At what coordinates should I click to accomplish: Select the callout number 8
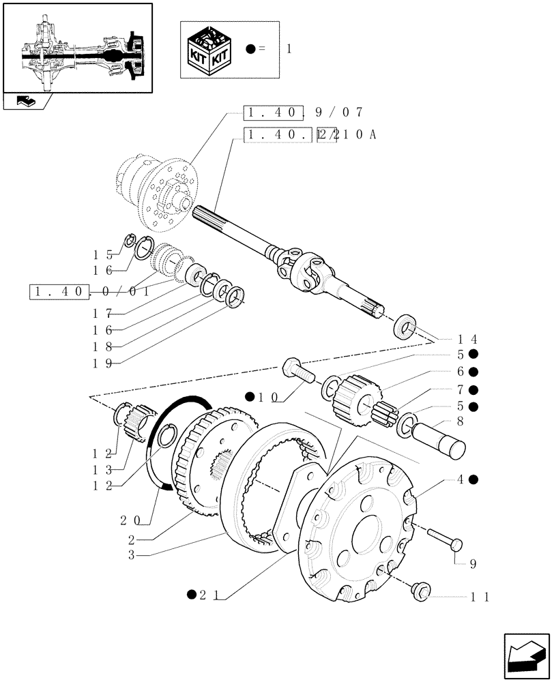pos(461,421)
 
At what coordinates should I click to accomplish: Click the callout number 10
pos(268,396)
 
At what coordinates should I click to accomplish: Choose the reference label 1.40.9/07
pos(304,113)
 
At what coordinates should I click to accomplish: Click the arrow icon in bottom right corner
pos(526,656)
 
